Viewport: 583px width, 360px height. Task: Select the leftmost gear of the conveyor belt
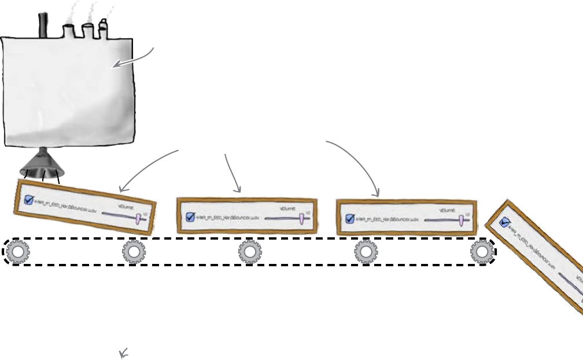point(18,252)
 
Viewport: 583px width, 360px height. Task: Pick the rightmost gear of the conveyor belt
point(481,252)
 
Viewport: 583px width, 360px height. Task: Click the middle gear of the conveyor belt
point(250,252)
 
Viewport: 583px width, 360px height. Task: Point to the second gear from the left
point(134,252)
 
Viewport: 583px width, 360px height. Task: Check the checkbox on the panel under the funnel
point(29,201)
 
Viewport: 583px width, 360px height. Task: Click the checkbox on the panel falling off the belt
point(504,221)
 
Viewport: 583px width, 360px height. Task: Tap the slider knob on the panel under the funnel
point(139,218)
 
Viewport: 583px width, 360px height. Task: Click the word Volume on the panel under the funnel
point(126,206)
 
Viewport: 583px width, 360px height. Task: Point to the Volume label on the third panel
point(448,210)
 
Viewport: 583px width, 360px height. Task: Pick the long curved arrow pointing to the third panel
point(359,162)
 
